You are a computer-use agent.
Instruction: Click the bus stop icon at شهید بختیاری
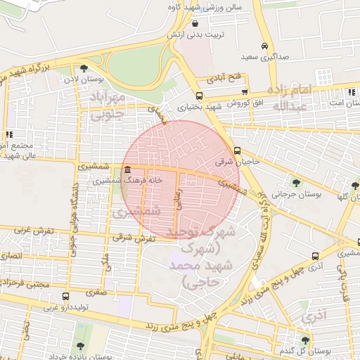pos(200,96)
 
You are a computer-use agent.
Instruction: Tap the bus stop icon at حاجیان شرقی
pos(238,150)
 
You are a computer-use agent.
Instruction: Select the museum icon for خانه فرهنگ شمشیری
pos(127,170)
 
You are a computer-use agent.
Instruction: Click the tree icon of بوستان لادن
pos(84,69)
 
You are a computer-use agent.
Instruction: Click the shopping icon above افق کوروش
pos(244,91)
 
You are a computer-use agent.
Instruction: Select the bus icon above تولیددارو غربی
pos(65,296)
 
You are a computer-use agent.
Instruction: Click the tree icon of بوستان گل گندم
pos(304,340)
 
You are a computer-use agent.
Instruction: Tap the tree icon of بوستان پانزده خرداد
pos(79,346)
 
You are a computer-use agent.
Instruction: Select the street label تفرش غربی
pos(27,230)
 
